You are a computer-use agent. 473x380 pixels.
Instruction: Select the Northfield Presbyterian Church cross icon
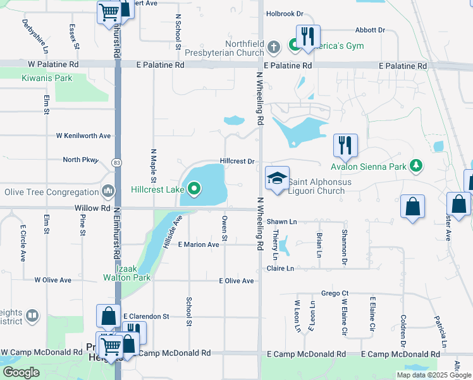[x=274, y=46]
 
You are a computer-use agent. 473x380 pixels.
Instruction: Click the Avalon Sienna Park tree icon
[x=415, y=166]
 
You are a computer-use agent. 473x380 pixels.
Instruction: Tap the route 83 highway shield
[x=116, y=163]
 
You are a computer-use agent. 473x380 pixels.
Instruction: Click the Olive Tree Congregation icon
[x=108, y=191]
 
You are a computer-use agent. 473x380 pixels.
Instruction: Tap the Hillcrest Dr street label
[x=237, y=161]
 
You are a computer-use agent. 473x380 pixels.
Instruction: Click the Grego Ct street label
[x=335, y=293]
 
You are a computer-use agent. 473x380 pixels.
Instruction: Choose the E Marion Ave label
[x=198, y=244]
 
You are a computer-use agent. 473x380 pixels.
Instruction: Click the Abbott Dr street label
[x=370, y=30]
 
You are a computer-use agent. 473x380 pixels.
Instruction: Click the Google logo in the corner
[x=21, y=372]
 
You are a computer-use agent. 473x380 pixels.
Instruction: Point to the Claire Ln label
[x=282, y=269]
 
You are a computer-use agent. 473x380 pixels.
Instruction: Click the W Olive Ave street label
[x=55, y=279]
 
